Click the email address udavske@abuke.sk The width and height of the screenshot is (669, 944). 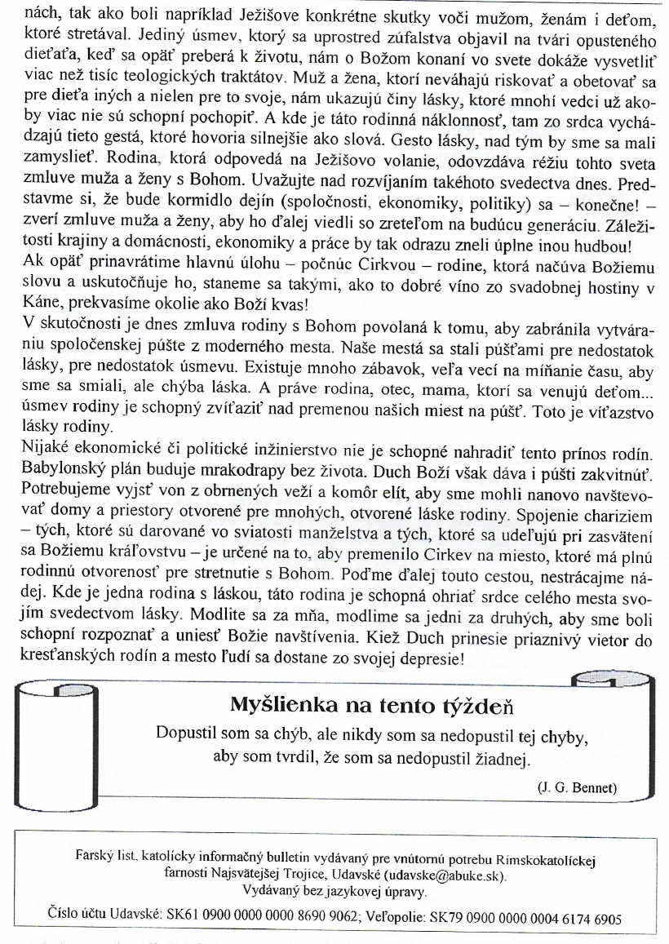tap(442, 875)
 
